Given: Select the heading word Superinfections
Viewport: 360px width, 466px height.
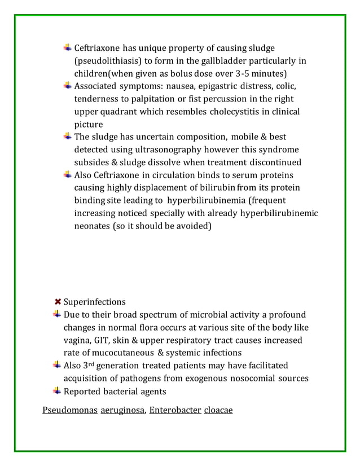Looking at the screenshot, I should [95, 302].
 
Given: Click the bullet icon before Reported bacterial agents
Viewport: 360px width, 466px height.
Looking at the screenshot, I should [58, 391].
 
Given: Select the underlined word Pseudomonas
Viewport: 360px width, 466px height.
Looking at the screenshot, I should [69, 410].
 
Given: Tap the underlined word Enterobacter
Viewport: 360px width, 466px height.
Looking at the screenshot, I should [175, 410].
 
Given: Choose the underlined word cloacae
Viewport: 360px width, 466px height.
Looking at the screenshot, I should [218, 410].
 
